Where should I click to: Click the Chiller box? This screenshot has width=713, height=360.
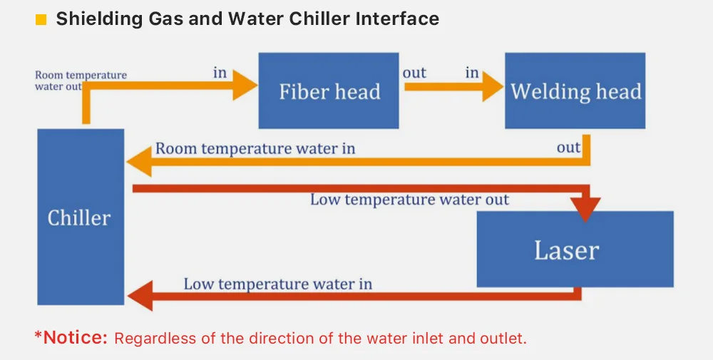[x=80, y=217]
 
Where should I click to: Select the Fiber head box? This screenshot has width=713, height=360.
[x=329, y=91]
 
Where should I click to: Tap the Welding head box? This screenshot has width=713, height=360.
[x=575, y=91]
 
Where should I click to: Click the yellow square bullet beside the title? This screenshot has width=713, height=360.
[x=41, y=19]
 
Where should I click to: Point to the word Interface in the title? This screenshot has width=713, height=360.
[x=397, y=19]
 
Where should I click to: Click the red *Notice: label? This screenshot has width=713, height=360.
[x=71, y=337]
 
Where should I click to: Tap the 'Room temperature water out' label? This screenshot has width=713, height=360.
[x=80, y=81]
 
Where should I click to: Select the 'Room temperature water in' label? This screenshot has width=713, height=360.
[x=255, y=149]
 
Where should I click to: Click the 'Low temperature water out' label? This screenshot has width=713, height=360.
[x=409, y=200]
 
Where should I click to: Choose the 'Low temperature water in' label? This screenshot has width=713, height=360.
[x=277, y=284]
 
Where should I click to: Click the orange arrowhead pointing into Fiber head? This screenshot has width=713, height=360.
[x=245, y=86]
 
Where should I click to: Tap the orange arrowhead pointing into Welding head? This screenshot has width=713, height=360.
[x=491, y=87]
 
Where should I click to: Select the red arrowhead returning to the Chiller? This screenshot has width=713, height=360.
[x=140, y=295]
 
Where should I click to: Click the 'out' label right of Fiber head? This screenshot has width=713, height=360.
[x=414, y=73]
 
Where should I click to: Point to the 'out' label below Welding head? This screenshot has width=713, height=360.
[x=568, y=148]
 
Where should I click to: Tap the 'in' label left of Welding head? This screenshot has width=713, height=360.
[x=472, y=73]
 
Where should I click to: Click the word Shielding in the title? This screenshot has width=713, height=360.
[x=95, y=19]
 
